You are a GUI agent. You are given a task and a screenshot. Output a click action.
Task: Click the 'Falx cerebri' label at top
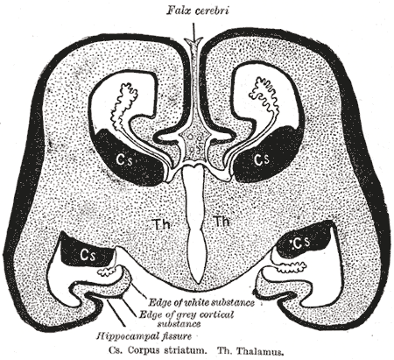point(198,11)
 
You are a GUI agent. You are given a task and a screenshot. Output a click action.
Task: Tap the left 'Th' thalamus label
point(161,224)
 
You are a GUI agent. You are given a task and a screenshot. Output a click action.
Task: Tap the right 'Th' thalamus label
point(222,222)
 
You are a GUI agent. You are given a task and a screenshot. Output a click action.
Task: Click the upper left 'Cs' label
point(123,159)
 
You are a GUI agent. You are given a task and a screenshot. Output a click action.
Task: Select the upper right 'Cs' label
point(261,159)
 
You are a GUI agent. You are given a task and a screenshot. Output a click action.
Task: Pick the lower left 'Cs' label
point(88,255)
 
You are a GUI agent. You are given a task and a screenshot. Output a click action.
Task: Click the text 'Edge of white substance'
point(201,303)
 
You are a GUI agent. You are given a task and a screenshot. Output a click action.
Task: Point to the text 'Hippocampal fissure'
point(144,336)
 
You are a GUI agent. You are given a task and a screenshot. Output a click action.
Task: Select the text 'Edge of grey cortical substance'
point(186,319)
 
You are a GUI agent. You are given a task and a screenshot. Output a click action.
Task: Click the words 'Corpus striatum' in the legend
point(165,350)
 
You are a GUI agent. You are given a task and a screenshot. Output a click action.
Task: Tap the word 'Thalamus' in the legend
point(260,350)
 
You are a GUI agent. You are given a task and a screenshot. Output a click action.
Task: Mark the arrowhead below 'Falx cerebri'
point(193,41)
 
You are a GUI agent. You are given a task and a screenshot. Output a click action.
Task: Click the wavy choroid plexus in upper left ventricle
point(123,107)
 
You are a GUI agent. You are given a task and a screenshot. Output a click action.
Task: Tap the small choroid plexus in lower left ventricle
point(106,272)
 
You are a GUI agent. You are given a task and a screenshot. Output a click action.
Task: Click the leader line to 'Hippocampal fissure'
point(116,314)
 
